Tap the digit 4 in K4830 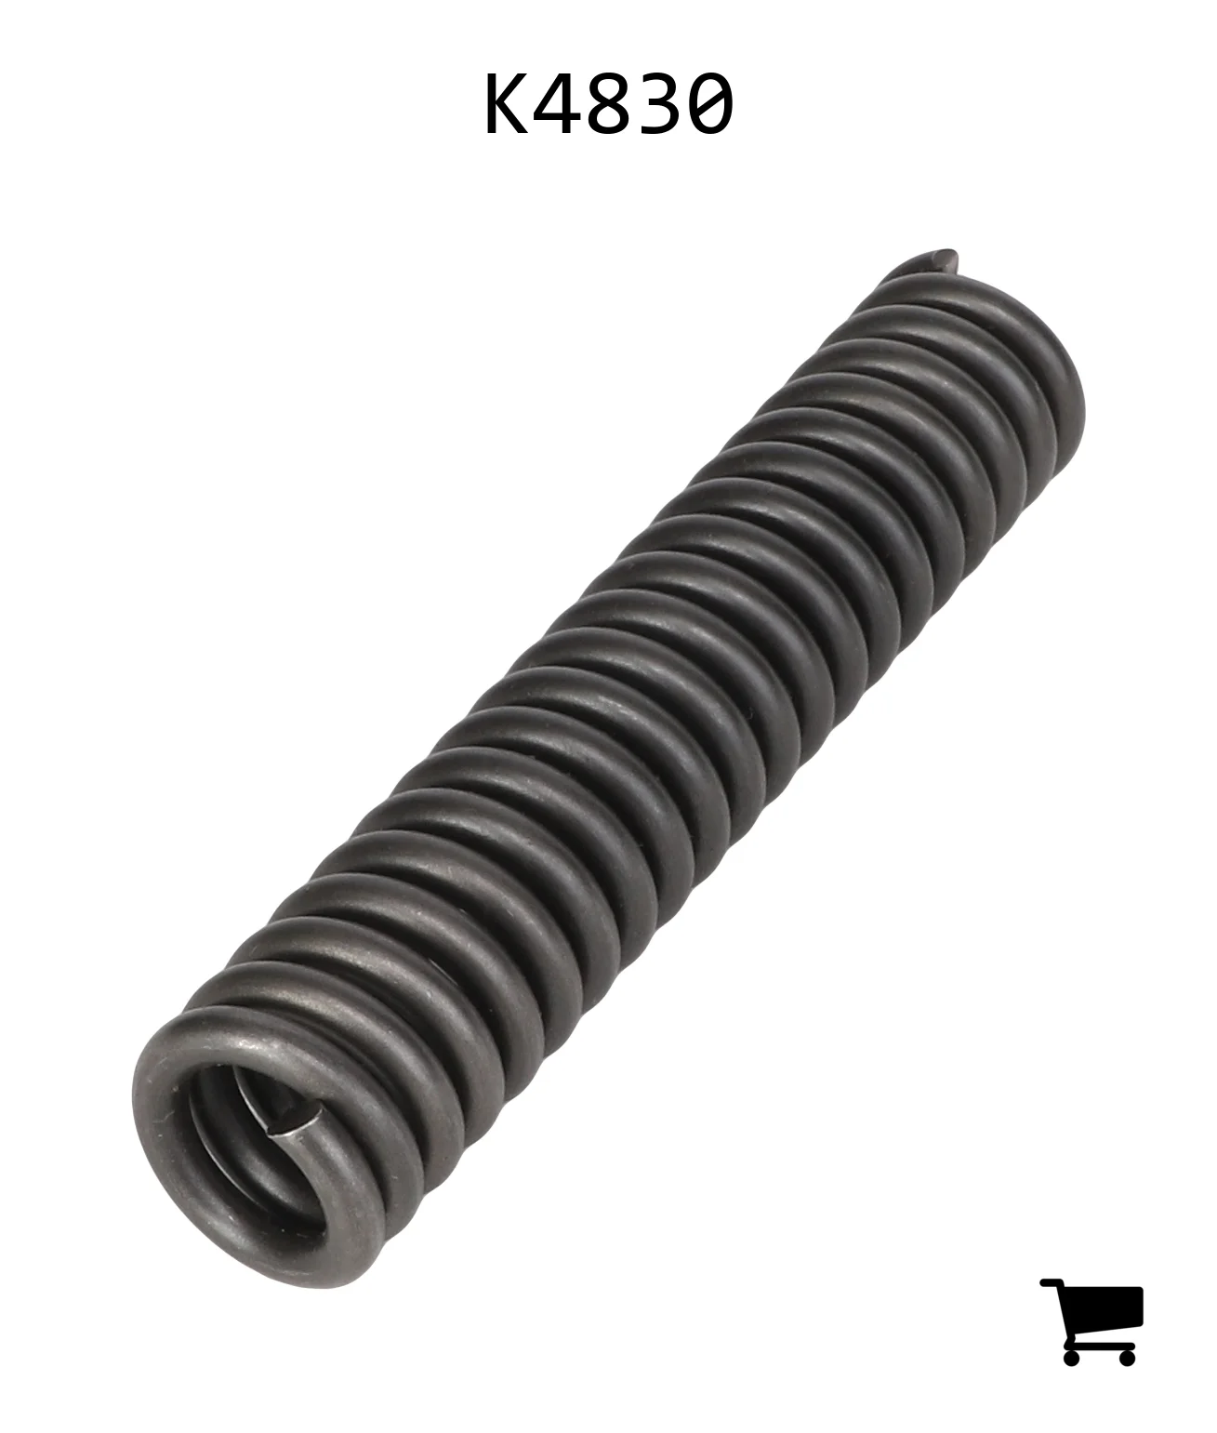coord(558,104)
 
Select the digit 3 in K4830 coord(658,104)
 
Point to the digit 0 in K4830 coord(709,104)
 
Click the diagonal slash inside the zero coord(709,104)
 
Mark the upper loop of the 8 coord(608,88)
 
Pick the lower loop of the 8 coord(608,118)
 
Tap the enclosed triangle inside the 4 coord(553,100)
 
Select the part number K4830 coord(608,104)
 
